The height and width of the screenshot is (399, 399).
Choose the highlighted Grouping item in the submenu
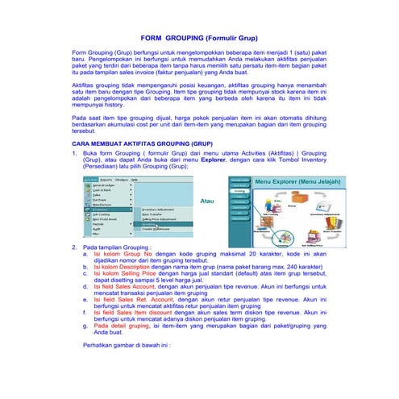click(x=150, y=223)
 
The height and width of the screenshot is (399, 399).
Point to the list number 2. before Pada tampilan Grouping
click(x=75, y=246)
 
